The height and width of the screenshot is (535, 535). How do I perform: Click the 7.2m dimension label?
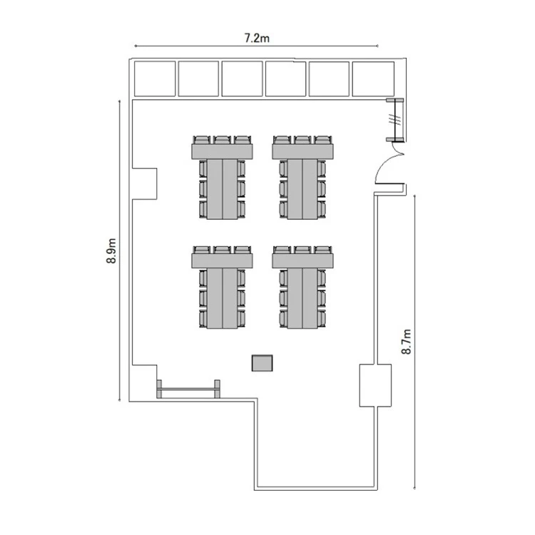coord(257,38)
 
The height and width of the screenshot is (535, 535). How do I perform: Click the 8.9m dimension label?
coord(111,251)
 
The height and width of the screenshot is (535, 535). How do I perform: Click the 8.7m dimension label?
coord(407,342)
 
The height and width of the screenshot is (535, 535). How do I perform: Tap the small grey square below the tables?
coord(262,363)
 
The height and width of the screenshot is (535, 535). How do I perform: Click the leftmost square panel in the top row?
coord(155,78)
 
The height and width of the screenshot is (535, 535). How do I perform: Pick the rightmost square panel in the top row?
coord(373,78)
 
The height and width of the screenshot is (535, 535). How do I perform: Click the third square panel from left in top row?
coord(243,78)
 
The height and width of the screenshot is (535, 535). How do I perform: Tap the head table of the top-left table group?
coord(222,151)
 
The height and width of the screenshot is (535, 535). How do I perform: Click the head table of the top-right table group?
coord(302,151)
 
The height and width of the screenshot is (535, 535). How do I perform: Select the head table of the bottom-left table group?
coord(222,260)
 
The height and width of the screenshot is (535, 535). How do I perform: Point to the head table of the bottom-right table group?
coord(302,260)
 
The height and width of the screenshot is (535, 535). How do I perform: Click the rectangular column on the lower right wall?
coord(375,385)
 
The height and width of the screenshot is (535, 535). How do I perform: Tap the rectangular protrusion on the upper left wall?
coord(144,184)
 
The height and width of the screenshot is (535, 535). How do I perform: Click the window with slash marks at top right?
coord(395,120)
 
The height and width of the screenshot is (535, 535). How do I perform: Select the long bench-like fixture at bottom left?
coord(188,389)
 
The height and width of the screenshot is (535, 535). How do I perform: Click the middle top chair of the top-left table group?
coord(223,140)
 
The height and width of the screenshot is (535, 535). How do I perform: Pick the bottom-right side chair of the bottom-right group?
coord(322,318)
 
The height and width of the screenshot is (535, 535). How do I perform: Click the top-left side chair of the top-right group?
coord(283,168)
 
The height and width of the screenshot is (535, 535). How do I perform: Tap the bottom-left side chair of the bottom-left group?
coord(203,318)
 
